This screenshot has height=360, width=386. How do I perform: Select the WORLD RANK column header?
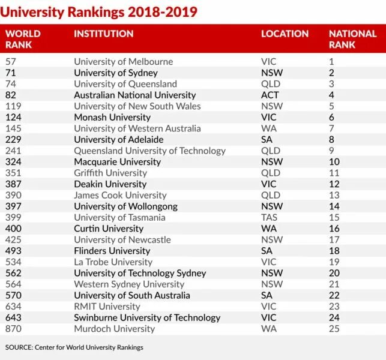[23, 39]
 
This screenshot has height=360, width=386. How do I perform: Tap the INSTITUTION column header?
[103, 34]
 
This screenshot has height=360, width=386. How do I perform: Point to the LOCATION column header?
[285, 34]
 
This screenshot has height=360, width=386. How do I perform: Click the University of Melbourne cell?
[123, 61]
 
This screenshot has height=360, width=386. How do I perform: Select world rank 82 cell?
[12, 95]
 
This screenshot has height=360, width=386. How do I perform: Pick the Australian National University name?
[134, 95]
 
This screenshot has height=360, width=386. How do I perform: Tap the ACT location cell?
[270, 95]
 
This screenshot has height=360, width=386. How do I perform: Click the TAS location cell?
[269, 217]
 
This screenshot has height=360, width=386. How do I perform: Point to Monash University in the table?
[112, 117]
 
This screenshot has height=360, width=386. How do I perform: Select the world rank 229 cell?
[14, 139]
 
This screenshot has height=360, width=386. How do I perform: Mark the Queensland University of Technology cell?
[149, 151]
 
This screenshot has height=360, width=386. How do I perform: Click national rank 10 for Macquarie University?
[334, 161]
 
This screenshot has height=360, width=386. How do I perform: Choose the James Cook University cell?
[120, 195]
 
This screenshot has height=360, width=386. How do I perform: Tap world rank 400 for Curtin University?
[14, 228]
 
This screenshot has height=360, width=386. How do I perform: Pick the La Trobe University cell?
[113, 262]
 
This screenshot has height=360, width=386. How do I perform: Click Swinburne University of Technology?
[147, 317]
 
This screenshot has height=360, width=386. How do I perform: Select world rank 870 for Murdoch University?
[14, 329]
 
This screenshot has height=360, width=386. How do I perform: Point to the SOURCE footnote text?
[74, 347]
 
